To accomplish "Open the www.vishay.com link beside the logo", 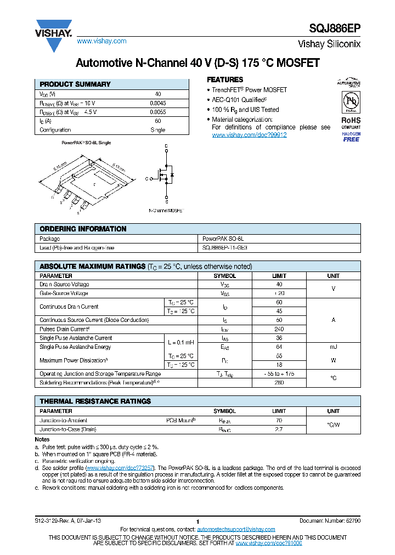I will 101,41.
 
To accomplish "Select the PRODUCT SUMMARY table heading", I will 75,84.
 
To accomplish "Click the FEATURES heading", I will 224,80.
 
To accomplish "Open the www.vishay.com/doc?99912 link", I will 249,135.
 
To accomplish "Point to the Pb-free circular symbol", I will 351,103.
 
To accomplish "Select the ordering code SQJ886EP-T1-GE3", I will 225,248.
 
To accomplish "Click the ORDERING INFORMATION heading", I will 83,229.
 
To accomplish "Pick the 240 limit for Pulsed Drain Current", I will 279,329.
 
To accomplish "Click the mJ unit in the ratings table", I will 334,347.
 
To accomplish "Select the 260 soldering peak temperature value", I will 279,382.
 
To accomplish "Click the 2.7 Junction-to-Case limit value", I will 279,430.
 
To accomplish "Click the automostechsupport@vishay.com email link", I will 228,529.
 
